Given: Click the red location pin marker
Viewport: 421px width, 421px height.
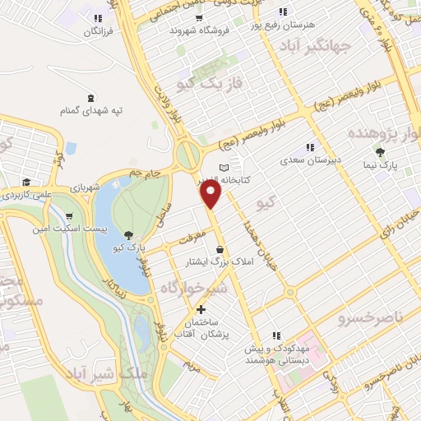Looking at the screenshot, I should click(211, 194).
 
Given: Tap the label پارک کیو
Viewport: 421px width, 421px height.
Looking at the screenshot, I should click(129, 248).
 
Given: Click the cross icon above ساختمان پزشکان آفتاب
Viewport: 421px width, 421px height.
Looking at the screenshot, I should click(201, 309).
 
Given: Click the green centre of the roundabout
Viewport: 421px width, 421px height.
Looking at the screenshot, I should click(188, 153).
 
